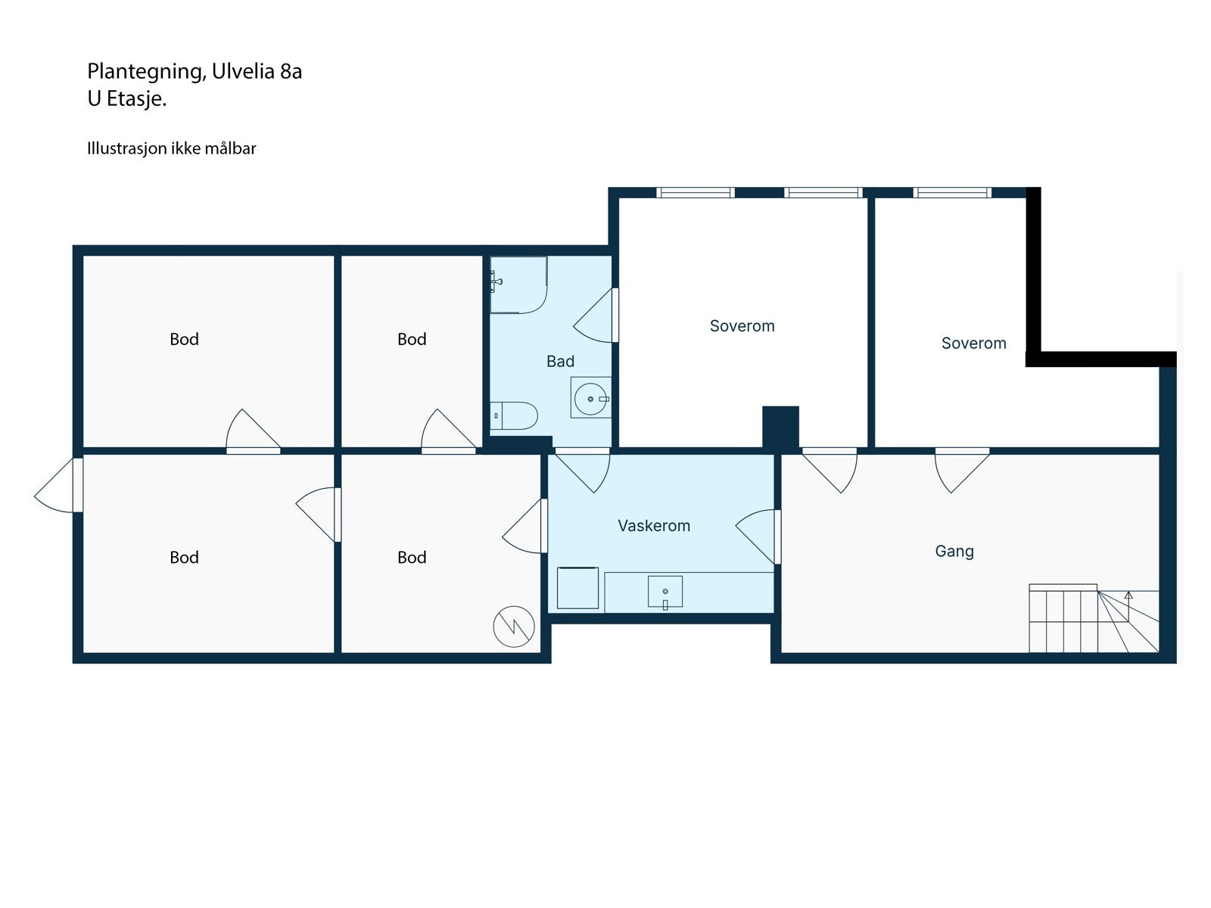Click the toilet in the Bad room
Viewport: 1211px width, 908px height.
(x=515, y=415)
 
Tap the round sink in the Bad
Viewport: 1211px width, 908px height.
(x=590, y=399)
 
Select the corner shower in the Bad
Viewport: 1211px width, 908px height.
(x=518, y=285)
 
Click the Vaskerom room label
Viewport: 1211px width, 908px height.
(x=654, y=526)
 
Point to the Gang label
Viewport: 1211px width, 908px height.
(x=954, y=551)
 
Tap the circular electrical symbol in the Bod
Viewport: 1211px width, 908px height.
(x=514, y=627)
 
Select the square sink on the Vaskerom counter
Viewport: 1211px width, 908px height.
(x=665, y=592)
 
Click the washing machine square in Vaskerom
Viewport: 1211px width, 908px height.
(x=577, y=588)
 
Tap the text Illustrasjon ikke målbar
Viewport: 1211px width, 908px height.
(x=171, y=148)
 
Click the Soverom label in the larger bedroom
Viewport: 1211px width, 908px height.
(x=742, y=326)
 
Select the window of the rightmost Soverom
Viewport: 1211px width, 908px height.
(x=952, y=192)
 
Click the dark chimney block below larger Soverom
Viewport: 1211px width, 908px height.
(x=780, y=428)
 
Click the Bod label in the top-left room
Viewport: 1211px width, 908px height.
(x=184, y=339)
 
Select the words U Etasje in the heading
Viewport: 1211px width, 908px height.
(x=126, y=99)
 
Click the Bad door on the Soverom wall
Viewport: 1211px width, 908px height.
(x=598, y=316)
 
